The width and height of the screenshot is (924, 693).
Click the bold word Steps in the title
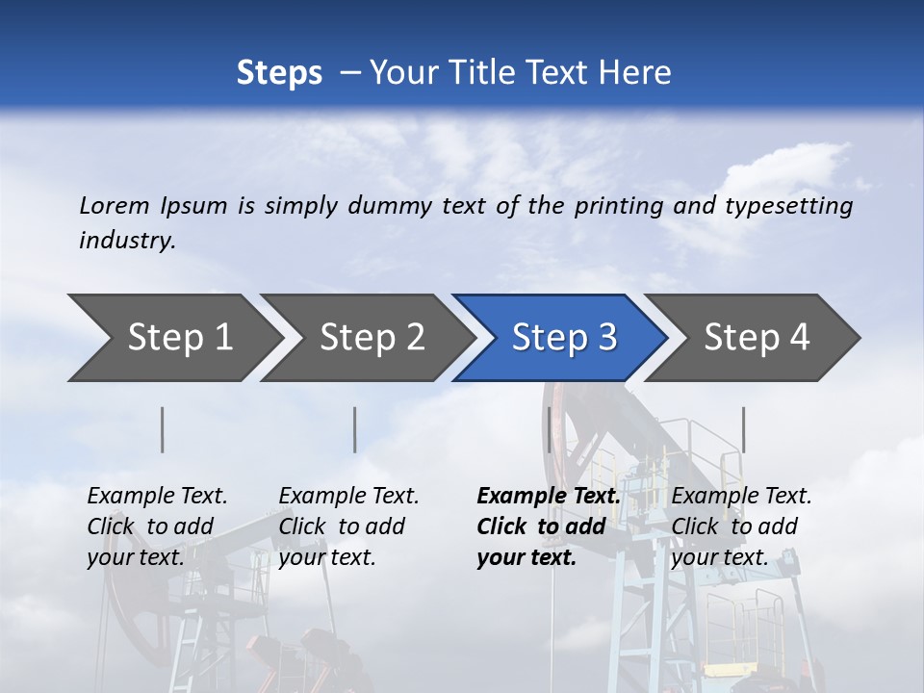(279, 73)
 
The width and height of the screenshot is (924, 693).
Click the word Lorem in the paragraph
(115, 205)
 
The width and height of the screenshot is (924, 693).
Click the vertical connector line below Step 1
(163, 429)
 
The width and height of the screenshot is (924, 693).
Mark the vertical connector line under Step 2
(355, 429)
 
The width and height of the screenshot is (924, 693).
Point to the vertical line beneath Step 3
(549, 429)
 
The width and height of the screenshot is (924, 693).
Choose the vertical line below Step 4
(744, 429)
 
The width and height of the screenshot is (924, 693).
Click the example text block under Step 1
(157, 526)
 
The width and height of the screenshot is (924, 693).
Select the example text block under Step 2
(348, 526)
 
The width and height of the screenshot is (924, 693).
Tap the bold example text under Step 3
(549, 526)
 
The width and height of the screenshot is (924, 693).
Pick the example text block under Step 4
(741, 526)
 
